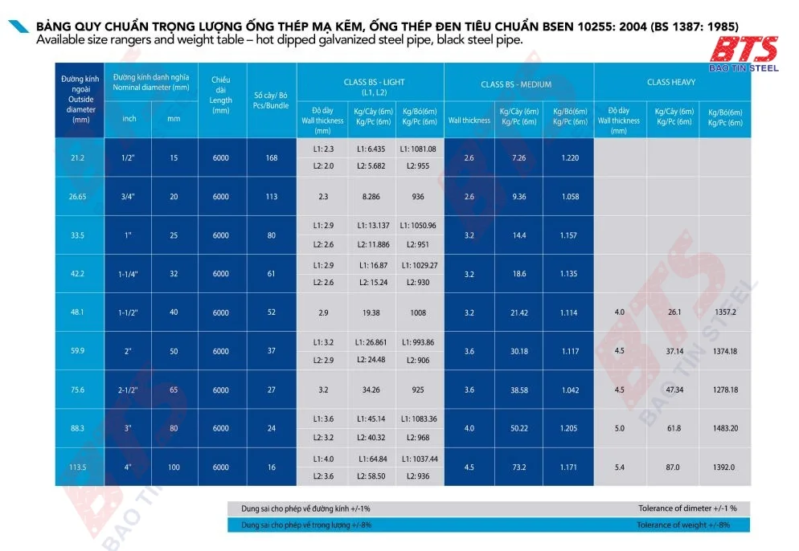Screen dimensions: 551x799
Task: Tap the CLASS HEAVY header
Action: click(670, 82)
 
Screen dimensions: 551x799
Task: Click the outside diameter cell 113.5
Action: click(78, 467)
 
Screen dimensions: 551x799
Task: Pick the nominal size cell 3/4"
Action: click(129, 197)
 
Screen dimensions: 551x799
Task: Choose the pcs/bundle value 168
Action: click(271, 157)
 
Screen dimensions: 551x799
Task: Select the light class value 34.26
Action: click(371, 390)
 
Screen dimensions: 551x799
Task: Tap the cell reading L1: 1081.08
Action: click(419, 149)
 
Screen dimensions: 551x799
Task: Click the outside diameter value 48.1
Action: click(78, 312)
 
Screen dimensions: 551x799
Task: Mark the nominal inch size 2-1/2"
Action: click(129, 390)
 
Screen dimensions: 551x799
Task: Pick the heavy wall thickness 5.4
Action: click(618, 467)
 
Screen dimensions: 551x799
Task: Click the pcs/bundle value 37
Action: click(271, 351)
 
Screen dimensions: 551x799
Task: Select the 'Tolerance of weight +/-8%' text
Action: click(683, 524)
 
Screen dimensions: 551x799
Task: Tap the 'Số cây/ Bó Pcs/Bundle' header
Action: click(271, 100)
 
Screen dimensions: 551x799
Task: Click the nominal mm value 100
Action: click(174, 467)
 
